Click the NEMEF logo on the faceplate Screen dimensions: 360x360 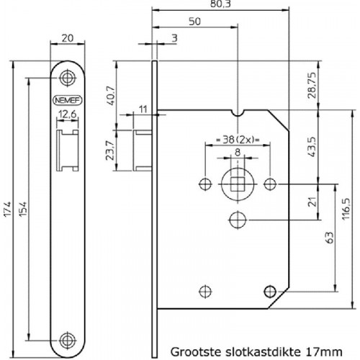(x=68, y=100)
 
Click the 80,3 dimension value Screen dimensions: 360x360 (x=220, y=4)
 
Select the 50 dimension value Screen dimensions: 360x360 (x=194, y=22)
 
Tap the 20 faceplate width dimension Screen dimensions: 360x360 (x=68, y=38)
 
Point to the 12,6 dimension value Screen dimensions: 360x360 (x=68, y=114)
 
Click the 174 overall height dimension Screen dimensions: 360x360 (x=8, y=210)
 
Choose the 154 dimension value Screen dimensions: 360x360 (x=23, y=210)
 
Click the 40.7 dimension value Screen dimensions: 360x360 (x=111, y=95)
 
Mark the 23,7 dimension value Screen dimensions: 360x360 (x=109, y=150)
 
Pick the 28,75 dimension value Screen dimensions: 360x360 (x=312, y=85)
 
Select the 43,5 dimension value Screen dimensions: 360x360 (x=312, y=147)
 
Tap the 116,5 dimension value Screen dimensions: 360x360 (x=346, y=209)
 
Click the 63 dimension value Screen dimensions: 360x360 (x=330, y=238)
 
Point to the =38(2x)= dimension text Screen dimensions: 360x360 (x=238, y=140)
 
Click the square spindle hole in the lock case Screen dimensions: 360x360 (x=238, y=184)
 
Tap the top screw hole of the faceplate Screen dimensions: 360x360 (x=68, y=78)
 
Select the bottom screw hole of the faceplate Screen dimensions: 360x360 (x=68, y=341)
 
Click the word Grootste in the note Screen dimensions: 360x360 (x=196, y=352)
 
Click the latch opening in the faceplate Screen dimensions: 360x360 (x=68, y=150)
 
